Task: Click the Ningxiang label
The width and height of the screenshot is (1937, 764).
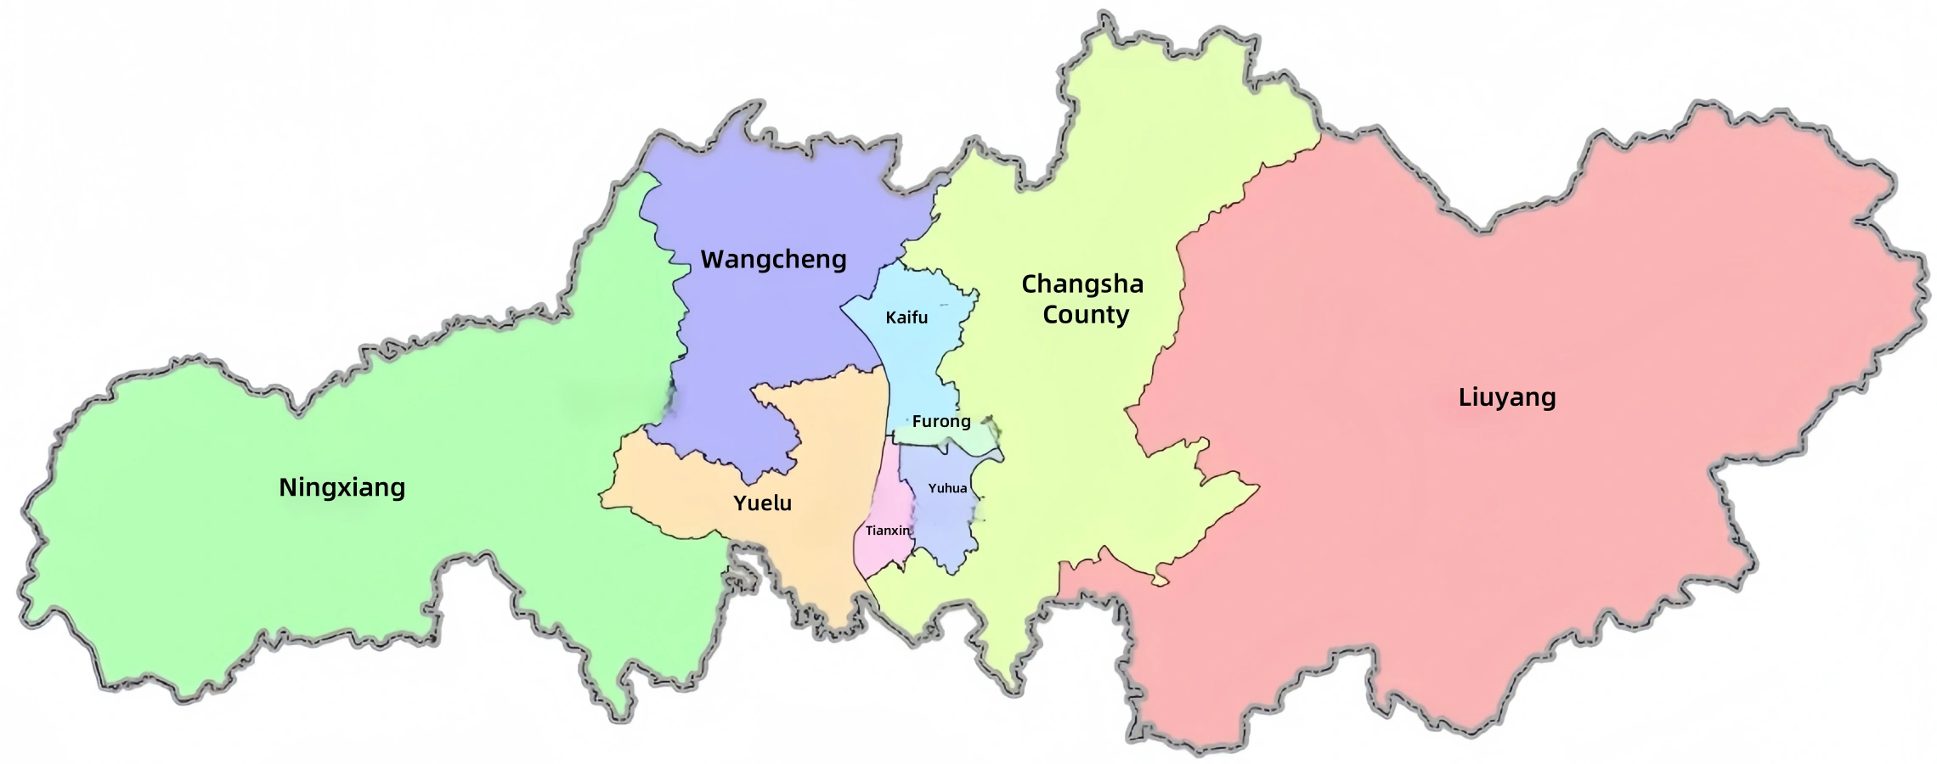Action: tap(342, 488)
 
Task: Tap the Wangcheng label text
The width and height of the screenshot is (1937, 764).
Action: tap(773, 260)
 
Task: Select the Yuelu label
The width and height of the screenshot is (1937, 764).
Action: tap(762, 503)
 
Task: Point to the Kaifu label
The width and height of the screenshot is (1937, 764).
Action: tap(906, 317)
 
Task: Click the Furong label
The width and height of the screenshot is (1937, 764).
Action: tap(941, 421)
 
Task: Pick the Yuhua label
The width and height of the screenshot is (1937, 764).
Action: tap(947, 488)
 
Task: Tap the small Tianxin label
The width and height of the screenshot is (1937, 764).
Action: tap(888, 531)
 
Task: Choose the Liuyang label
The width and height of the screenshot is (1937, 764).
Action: tap(1507, 397)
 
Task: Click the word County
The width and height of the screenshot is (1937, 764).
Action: tap(1086, 315)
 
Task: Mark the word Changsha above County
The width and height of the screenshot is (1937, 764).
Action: tap(1082, 284)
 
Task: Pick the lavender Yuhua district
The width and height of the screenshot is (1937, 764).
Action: tap(943, 526)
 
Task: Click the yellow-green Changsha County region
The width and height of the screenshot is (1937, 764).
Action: tap(1062, 424)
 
